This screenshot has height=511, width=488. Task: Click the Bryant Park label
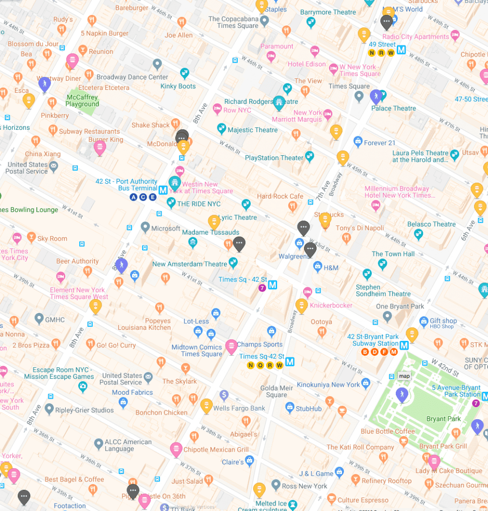444,419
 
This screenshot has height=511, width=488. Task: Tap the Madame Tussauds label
210,233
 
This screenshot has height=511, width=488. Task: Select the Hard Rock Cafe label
280,197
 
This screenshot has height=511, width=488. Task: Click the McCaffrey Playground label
82,101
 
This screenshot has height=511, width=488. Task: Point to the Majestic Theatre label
253,130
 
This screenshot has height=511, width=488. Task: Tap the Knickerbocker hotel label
331,305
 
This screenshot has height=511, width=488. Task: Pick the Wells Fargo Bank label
239,408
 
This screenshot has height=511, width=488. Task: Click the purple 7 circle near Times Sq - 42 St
262,288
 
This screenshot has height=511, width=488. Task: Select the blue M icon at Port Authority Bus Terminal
163,190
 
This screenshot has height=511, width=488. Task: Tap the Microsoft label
165,229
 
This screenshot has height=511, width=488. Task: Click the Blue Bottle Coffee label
388,431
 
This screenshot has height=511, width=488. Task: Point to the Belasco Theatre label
431,224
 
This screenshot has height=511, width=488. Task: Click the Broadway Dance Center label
133,77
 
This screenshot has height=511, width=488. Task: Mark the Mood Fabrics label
132,392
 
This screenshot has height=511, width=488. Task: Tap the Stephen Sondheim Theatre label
383,290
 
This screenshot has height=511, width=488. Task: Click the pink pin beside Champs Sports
231,346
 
